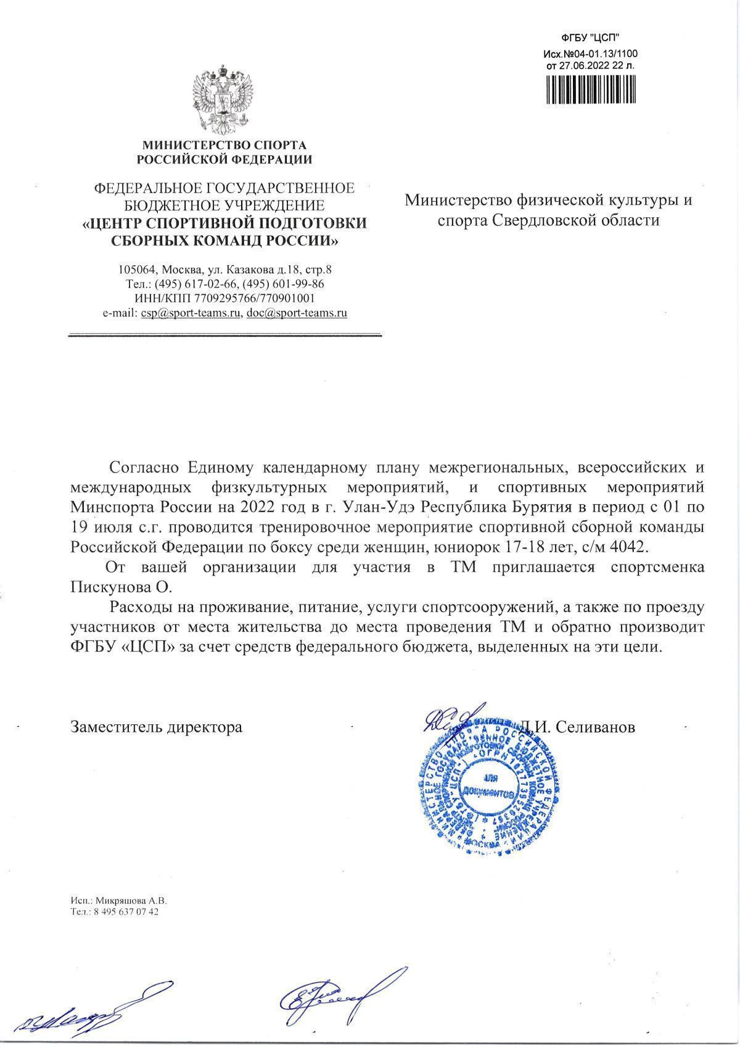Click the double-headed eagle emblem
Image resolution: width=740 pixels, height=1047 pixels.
[224, 101]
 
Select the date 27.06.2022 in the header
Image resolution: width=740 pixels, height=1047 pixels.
[578, 64]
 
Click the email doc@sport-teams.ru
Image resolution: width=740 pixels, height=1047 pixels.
[297, 313]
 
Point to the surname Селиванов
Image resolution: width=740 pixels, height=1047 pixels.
[595, 727]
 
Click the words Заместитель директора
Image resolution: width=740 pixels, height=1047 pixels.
[157, 727]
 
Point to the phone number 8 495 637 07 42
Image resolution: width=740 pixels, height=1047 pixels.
[123, 912]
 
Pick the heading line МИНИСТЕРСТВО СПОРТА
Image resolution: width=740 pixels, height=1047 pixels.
[224, 146]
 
